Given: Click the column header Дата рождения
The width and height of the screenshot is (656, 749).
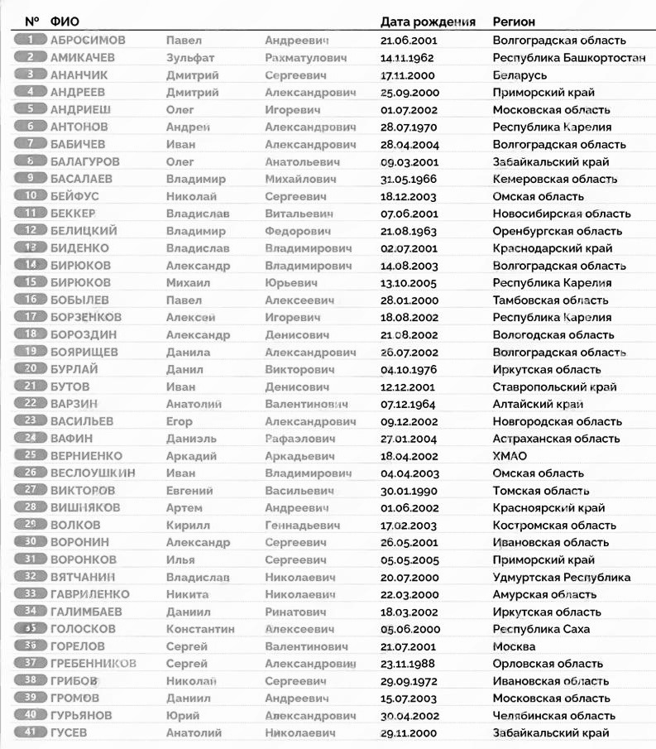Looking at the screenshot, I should (x=428, y=22).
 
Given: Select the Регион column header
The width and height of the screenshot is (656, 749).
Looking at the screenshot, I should (x=514, y=22).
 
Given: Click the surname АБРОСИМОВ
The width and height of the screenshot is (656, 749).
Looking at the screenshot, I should (x=88, y=40).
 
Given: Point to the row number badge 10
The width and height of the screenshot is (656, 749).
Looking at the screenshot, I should (x=31, y=196).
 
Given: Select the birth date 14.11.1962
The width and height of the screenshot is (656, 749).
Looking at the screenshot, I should (x=407, y=58).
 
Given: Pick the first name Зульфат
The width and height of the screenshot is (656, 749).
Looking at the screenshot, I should (x=191, y=58).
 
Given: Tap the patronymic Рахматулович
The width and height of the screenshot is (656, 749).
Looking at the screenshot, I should (x=306, y=58).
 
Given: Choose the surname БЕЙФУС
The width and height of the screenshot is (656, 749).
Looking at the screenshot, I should (x=75, y=196).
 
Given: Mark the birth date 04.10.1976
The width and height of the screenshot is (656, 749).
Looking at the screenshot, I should (x=408, y=369).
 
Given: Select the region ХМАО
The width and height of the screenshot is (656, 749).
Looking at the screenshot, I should (x=510, y=455).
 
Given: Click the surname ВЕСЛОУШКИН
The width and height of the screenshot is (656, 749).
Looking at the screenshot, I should (x=93, y=473).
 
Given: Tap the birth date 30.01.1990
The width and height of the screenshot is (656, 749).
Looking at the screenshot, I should (x=408, y=490).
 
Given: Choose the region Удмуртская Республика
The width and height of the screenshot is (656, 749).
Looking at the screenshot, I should (x=561, y=577).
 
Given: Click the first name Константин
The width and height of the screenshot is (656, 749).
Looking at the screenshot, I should (x=199, y=629).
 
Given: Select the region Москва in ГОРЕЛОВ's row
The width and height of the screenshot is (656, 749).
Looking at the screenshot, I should (x=514, y=646).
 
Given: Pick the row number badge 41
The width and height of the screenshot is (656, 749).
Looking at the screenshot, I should (x=31, y=732).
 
